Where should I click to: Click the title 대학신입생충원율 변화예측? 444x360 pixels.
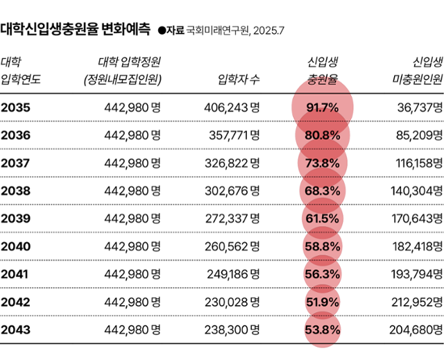pyautogui.click(x=75, y=30)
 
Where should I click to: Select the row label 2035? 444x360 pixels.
pyautogui.click(x=15, y=108)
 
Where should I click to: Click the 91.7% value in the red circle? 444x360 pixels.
pyautogui.click(x=322, y=108)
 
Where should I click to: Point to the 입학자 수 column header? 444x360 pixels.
pyautogui.click(x=239, y=78)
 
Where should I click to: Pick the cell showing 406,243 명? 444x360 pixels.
pyautogui.click(x=232, y=108)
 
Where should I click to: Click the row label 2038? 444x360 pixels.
pyautogui.click(x=15, y=190)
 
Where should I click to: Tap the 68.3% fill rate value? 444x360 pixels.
pyautogui.click(x=322, y=190)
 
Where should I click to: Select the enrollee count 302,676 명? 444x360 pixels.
pyautogui.click(x=232, y=190)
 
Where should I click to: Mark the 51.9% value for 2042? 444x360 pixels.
pyautogui.click(x=322, y=302)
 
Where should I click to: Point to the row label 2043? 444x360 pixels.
pyautogui.click(x=15, y=329)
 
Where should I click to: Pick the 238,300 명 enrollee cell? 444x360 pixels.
pyautogui.click(x=232, y=329)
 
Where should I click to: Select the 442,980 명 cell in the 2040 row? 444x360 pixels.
pyautogui.click(x=132, y=246)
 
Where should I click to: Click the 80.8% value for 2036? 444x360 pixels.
pyautogui.click(x=322, y=135)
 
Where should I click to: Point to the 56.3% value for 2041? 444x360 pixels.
pyautogui.click(x=322, y=273)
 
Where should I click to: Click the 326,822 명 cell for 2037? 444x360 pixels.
pyautogui.click(x=232, y=163)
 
